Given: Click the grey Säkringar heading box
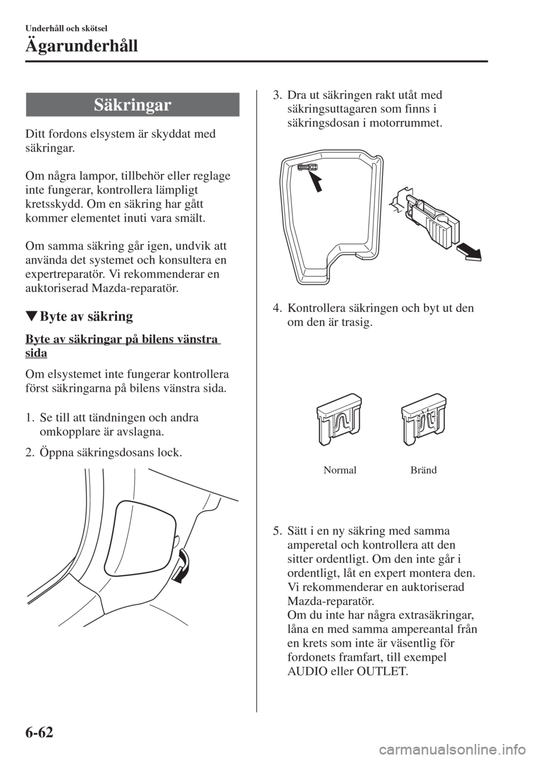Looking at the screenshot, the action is [x=133, y=104].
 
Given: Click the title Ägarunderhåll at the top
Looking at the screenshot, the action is [x=82, y=46].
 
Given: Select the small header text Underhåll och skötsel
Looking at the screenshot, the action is [x=66, y=28].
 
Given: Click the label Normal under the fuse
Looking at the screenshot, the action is [x=340, y=470].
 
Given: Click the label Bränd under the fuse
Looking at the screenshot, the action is [x=424, y=470].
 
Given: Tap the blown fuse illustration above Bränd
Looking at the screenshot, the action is [x=424, y=419].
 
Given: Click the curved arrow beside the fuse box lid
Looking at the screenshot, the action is [x=181, y=566].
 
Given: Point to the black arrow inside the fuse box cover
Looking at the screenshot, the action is [x=314, y=181].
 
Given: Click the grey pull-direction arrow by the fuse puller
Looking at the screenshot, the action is [x=469, y=252].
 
